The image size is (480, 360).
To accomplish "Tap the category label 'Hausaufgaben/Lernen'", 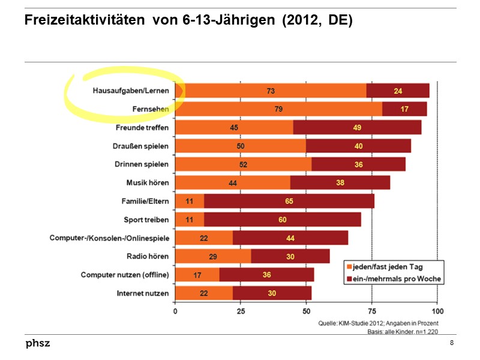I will [x=131, y=91].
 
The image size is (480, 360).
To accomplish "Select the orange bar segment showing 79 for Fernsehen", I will [x=278, y=109].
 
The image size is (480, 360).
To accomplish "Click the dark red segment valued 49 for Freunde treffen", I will [x=357, y=128].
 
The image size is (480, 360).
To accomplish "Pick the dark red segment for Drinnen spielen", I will [x=358, y=164].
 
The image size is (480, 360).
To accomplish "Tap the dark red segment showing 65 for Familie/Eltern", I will [x=289, y=201].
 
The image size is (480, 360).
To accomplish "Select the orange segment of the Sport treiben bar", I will [x=190, y=220].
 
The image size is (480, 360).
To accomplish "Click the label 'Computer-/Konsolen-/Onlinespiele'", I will [x=109, y=238].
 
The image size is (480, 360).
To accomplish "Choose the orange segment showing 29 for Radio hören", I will [x=213, y=257].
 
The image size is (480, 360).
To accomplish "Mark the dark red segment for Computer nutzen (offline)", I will [x=266, y=275].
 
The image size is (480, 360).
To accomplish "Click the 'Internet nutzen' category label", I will [x=143, y=293].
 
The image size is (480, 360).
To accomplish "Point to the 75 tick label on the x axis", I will [x=372, y=311].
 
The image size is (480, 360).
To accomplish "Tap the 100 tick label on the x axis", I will [x=437, y=311].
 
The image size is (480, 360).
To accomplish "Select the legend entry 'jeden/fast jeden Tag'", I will [x=392, y=266].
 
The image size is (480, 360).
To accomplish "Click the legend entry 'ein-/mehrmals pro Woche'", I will [x=392, y=278].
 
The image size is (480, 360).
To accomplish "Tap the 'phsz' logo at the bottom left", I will [x=37, y=343].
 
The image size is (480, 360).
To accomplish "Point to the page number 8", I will [x=451, y=343].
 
